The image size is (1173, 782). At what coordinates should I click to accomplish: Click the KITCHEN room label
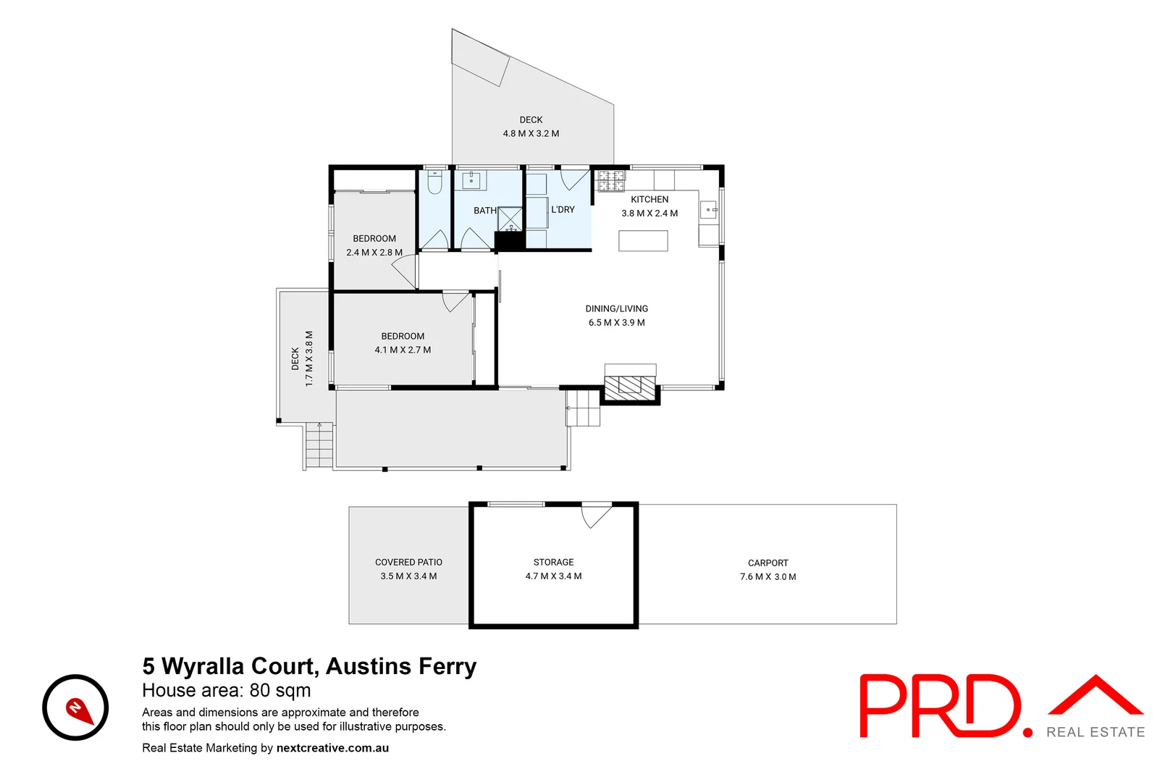click(x=649, y=200)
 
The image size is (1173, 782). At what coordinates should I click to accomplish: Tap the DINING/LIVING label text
click(x=617, y=309)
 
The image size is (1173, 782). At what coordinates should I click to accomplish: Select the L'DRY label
click(x=563, y=210)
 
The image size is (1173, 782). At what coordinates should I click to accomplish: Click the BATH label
click(x=485, y=211)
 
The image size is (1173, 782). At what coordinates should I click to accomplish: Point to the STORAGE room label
click(x=553, y=563)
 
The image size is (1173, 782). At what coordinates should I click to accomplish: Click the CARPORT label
click(x=768, y=563)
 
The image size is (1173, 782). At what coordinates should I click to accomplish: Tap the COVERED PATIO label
click(x=408, y=563)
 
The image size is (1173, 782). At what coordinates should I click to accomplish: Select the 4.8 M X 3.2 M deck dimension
click(x=531, y=134)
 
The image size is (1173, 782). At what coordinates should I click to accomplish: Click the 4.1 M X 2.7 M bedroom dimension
click(x=403, y=350)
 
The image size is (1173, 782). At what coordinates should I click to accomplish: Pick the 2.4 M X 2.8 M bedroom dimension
click(x=374, y=253)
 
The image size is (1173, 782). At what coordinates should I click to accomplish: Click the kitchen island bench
click(x=643, y=240)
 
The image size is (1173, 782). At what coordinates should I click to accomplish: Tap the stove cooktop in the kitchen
click(x=610, y=181)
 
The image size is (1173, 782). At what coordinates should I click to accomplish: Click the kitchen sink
click(x=708, y=210)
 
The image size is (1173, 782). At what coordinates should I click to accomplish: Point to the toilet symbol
click(x=434, y=183)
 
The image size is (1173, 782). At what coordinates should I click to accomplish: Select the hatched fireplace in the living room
click(x=630, y=387)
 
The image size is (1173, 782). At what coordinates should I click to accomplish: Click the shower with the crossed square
click(x=510, y=219)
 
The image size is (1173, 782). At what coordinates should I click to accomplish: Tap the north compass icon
click(x=75, y=707)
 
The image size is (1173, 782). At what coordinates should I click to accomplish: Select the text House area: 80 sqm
click(x=227, y=691)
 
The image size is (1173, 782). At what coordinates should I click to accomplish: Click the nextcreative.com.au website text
click(x=332, y=748)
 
